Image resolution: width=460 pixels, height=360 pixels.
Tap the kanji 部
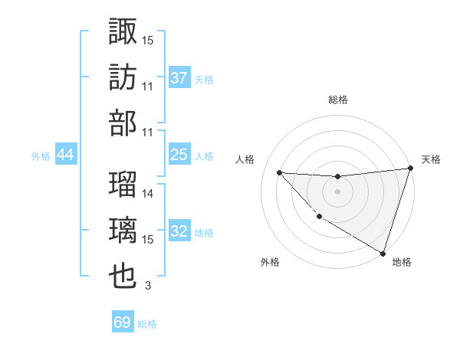pyautogui.click(x=123, y=123)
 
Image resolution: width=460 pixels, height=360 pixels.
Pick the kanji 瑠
pyautogui.click(x=123, y=185)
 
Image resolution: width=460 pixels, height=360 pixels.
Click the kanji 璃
pyautogui.click(x=123, y=231)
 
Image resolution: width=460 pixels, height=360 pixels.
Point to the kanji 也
pyautogui.click(x=123, y=277)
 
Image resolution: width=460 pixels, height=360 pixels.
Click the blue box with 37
pyautogui.click(x=179, y=78)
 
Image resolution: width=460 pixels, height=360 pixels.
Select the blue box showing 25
pyautogui.click(x=179, y=155)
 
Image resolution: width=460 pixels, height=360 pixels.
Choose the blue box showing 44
pyautogui.click(x=66, y=155)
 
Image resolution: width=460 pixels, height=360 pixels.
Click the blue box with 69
pyautogui.click(x=123, y=322)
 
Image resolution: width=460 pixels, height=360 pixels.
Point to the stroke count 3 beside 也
pyautogui.click(x=148, y=286)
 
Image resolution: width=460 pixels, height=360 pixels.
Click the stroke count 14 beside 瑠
pyautogui.click(x=148, y=194)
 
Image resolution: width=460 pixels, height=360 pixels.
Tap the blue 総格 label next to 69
pyautogui.click(x=147, y=323)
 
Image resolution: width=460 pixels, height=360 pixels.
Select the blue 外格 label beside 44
pyautogui.click(x=41, y=155)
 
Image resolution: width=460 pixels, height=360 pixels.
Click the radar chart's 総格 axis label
pyautogui.click(x=337, y=100)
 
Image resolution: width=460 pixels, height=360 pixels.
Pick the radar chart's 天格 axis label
pyautogui.click(x=431, y=159)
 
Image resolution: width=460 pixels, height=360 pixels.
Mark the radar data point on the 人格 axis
pyautogui.click(x=279, y=172)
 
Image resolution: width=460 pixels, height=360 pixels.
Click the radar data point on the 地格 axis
pyautogui.click(x=383, y=252)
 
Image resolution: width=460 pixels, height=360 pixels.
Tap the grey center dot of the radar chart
pyautogui.click(x=337, y=191)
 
